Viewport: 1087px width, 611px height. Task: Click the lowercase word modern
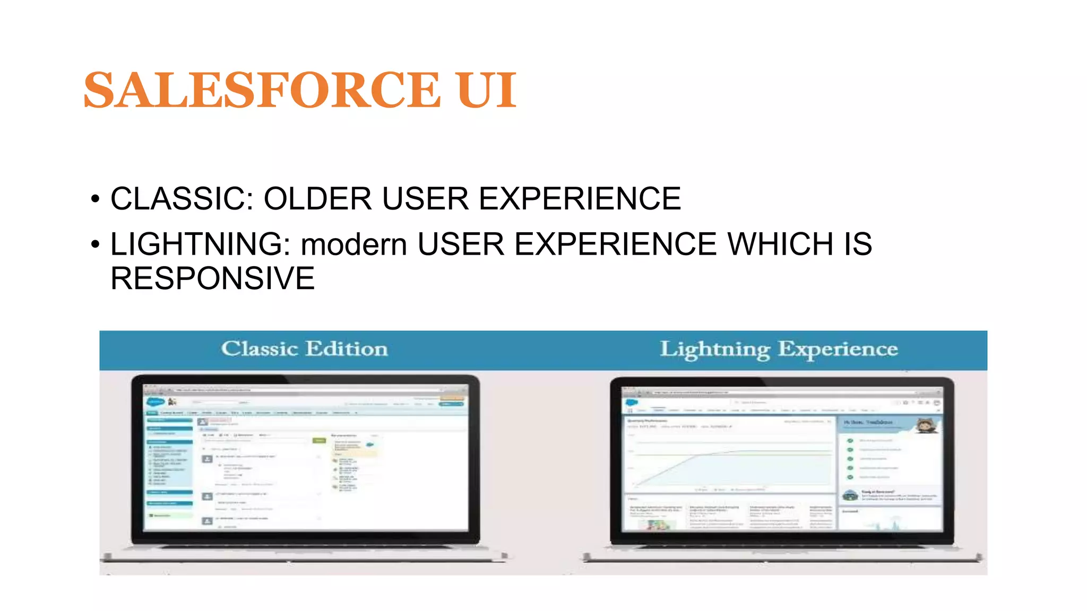click(x=354, y=245)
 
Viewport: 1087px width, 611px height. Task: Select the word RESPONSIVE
click(x=212, y=278)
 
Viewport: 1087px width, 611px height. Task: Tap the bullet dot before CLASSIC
click(x=95, y=199)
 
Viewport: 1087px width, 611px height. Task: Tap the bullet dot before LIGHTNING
click(x=95, y=245)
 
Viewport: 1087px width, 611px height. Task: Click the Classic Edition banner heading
click(x=304, y=349)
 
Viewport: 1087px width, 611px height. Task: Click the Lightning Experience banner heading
click(x=778, y=349)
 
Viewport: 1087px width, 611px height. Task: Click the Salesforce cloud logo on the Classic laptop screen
click(x=155, y=402)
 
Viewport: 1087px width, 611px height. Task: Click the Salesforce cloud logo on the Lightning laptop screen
click(x=632, y=403)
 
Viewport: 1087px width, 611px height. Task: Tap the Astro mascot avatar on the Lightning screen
click(x=926, y=425)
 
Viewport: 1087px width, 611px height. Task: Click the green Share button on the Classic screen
click(x=320, y=440)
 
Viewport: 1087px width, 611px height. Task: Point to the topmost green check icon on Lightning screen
click(x=850, y=441)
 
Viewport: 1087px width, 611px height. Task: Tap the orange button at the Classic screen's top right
click(x=452, y=398)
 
